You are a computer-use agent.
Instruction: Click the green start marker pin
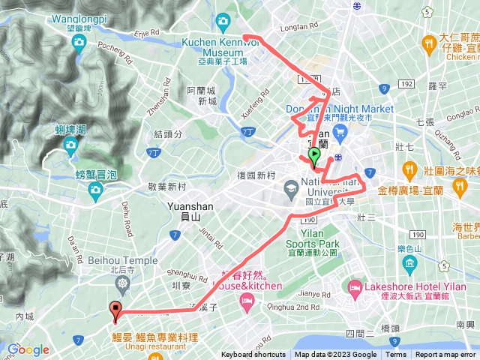coord(314,156)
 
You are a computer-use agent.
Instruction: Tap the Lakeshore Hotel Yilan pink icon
coord(353,286)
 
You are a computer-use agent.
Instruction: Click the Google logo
coord(28,349)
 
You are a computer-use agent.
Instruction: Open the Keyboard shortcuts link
coord(254,355)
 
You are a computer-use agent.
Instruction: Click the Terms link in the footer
coord(396,355)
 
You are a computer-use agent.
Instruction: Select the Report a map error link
coord(445,355)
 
